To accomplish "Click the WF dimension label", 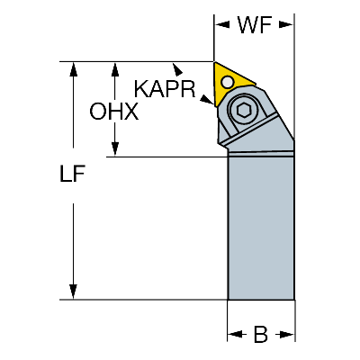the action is pyautogui.click(x=255, y=24).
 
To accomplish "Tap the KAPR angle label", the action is pyautogui.click(x=165, y=89).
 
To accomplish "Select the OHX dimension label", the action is pyautogui.click(x=114, y=112).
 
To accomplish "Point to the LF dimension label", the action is pyautogui.click(x=73, y=174).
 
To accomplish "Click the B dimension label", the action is pyautogui.click(x=260, y=334).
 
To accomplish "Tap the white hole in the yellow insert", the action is pyautogui.click(x=228, y=82).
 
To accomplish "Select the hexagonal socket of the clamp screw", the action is pyautogui.click(x=244, y=111).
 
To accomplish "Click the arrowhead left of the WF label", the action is pyautogui.click(x=222, y=25).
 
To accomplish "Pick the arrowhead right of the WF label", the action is pyautogui.click(x=286, y=25).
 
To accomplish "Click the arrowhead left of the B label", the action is pyautogui.click(x=235, y=334).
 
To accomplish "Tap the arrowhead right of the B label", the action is pyautogui.click(x=287, y=334).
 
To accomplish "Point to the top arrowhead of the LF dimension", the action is pyautogui.click(x=73, y=69).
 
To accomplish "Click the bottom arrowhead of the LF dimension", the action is pyautogui.click(x=73, y=292).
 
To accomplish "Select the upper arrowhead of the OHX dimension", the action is pyautogui.click(x=114, y=69).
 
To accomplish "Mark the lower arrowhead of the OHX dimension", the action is pyautogui.click(x=114, y=148).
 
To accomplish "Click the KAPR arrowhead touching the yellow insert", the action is pyautogui.click(x=207, y=100).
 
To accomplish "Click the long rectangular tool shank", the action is pyautogui.click(x=261, y=228).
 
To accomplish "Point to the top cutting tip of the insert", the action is pyautogui.click(x=214, y=62).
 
